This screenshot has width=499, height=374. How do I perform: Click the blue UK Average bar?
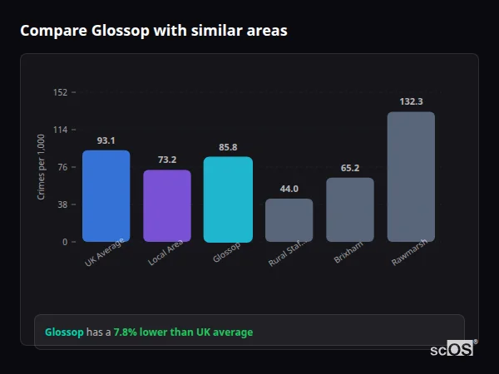(x=106, y=196)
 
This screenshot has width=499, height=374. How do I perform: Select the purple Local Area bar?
(x=167, y=206)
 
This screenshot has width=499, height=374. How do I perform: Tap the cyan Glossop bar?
(x=228, y=199)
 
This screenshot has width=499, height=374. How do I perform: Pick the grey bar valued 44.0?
(x=289, y=220)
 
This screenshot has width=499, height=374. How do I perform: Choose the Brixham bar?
(x=350, y=210)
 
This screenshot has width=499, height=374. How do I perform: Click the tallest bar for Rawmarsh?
(x=411, y=177)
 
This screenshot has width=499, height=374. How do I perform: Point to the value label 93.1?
(x=106, y=140)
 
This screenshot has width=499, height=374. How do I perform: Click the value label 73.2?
(x=167, y=160)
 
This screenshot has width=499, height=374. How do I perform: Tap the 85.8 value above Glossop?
(x=228, y=147)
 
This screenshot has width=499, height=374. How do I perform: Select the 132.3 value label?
(x=411, y=101)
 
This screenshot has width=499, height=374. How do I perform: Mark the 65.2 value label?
(x=350, y=168)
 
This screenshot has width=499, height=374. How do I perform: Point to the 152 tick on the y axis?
(x=60, y=92)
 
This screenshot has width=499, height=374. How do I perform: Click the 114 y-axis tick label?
(x=60, y=130)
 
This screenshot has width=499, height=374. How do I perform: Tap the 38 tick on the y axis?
(x=62, y=204)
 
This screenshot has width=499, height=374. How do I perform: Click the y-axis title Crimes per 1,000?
(x=41, y=167)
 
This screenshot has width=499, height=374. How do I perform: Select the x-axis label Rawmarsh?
(x=410, y=254)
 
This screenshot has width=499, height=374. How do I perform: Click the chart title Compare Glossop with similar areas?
(x=154, y=31)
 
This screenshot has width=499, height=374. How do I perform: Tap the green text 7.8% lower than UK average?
(x=183, y=332)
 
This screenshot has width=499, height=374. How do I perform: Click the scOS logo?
(x=452, y=350)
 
